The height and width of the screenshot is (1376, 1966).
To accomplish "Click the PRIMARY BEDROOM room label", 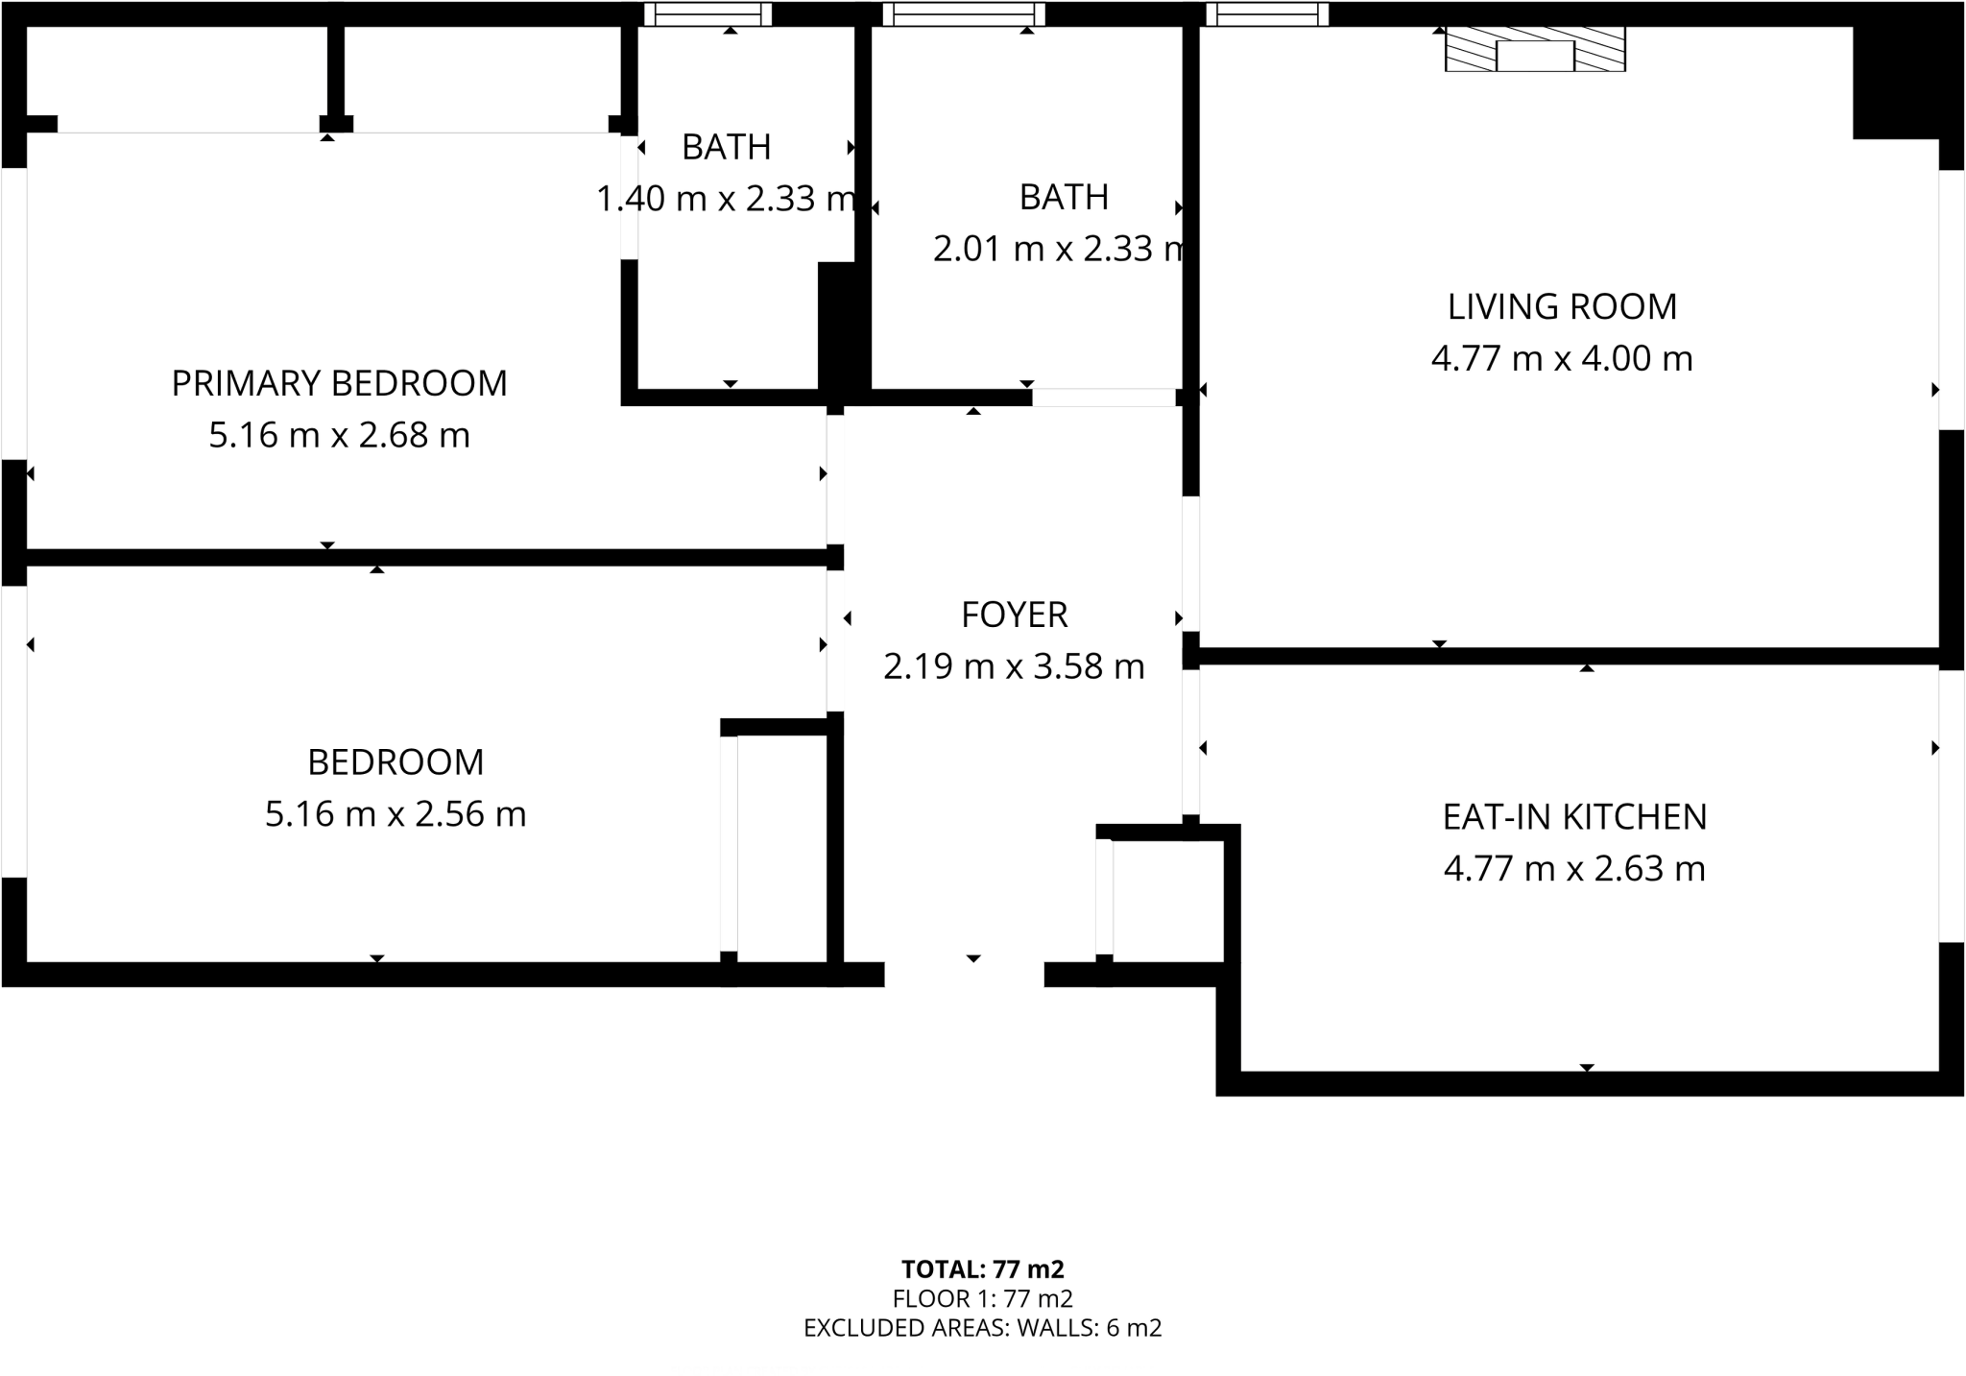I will coord(339,383).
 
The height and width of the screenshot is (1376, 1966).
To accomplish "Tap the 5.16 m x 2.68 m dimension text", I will coord(339,435).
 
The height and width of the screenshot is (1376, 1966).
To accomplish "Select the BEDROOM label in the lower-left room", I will coord(396,762).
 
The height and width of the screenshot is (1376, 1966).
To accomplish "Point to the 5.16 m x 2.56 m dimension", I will coord(396,814).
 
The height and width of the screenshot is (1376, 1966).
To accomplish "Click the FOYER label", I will coord(1014,615).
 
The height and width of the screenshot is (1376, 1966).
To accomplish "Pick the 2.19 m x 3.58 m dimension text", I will coord(1014,666).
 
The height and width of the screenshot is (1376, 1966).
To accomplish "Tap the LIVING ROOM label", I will coord(1562,307).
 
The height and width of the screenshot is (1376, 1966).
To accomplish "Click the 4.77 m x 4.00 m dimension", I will coord(1562,359).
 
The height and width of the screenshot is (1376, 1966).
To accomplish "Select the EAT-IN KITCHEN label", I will coord(1574,817).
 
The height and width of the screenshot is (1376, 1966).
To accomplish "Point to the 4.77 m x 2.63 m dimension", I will coord(1574,869).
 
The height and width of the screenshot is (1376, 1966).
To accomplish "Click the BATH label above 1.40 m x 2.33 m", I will coord(726,147).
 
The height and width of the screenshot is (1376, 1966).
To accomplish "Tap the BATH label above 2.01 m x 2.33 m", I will coord(1064,197).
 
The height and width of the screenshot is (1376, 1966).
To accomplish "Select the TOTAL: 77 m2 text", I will coord(983,1269).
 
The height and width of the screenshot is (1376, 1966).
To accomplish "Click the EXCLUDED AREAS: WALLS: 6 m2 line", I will coord(983,1328).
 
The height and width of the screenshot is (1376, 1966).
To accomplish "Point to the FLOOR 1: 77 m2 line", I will coord(983,1299).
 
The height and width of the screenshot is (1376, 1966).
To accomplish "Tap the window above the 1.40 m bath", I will coord(707,13).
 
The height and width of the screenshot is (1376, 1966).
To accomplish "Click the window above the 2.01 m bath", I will coord(963,13).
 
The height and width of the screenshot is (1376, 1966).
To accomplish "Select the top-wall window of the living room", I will coord(1267,13).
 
